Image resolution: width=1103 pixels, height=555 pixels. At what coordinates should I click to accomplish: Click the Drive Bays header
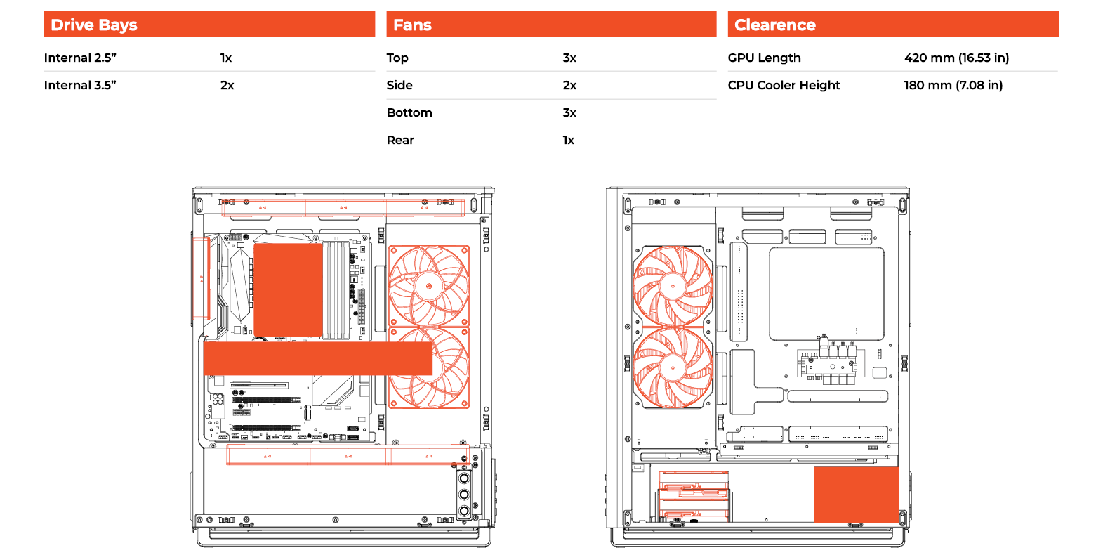coord(93,25)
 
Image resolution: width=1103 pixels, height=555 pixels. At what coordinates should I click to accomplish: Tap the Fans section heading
coord(412,25)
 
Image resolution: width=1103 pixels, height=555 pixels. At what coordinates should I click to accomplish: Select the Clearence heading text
coord(774,25)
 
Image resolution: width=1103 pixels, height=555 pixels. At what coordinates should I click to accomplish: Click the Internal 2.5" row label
coord(80,58)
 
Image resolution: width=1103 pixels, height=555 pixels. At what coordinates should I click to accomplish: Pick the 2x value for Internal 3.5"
coord(227,85)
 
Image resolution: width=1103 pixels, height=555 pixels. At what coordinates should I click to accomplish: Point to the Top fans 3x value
coord(569,58)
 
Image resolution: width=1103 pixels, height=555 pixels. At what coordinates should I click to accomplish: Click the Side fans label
coord(399,85)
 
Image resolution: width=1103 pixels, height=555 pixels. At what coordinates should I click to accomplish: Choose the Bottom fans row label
coord(409,112)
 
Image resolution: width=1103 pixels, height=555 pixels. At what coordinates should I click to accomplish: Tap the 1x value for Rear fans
coord(568,140)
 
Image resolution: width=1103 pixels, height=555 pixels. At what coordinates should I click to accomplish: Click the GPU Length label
coord(764,58)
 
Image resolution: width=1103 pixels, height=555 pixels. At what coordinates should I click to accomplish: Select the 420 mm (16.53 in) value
coord(956,58)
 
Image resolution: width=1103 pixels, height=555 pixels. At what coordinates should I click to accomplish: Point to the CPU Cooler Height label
coord(784,85)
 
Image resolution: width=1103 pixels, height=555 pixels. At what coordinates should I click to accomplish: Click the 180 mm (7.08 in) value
coord(953,85)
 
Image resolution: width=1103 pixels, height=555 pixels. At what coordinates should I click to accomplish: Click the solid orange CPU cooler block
coord(288,290)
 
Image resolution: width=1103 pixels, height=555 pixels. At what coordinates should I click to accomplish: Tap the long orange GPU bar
coord(317,358)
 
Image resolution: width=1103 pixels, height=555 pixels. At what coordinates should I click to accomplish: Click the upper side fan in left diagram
coord(429,286)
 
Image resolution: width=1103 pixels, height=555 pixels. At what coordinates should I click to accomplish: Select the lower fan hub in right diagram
coord(673,367)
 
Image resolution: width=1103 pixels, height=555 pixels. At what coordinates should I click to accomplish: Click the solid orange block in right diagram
coord(857,495)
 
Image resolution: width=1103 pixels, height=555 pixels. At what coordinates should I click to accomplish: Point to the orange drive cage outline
coord(694,496)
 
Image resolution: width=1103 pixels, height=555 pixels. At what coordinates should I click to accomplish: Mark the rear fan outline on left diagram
coord(201,278)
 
